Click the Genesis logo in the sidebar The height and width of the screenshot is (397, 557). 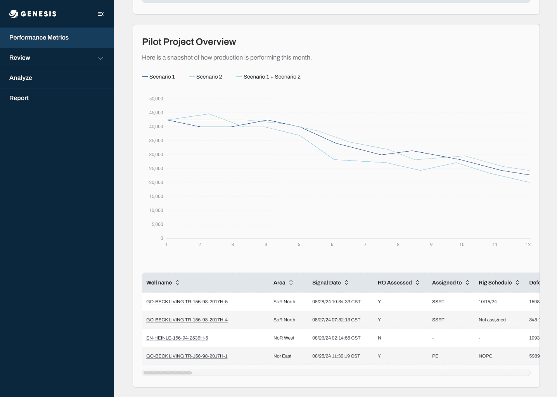[33, 14]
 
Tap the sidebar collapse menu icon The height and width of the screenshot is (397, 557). [100, 14]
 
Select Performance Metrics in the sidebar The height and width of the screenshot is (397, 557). [39, 38]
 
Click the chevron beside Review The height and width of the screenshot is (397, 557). [101, 59]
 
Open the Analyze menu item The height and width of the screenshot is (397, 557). [21, 78]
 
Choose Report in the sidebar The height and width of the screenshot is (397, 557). [19, 98]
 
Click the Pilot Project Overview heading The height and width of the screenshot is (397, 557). [189, 42]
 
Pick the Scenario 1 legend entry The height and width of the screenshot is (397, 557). [158, 77]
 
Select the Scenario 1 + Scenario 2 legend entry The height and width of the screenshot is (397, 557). [268, 77]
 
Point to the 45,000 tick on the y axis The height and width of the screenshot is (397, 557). [156, 112]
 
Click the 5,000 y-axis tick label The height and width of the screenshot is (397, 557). [157, 224]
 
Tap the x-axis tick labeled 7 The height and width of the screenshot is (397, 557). [365, 244]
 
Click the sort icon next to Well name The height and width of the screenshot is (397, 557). [178, 282]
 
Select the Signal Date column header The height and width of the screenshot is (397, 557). [326, 283]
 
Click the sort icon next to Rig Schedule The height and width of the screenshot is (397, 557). [517, 282]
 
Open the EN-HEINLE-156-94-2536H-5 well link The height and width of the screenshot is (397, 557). [177, 338]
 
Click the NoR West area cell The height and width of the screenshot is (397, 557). [284, 338]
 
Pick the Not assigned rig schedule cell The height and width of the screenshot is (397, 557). [492, 320]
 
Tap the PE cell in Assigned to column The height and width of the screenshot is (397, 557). [435, 356]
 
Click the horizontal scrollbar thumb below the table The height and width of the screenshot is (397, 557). [168, 373]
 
